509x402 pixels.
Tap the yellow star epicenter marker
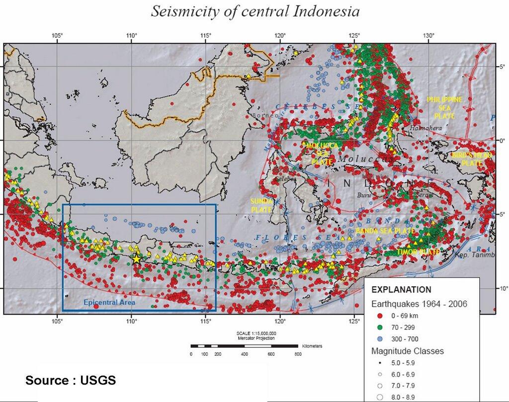(137, 258)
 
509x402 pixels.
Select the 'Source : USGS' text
(71, 381)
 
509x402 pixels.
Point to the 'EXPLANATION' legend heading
(402, 289)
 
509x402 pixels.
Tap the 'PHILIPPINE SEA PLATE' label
(444, 107)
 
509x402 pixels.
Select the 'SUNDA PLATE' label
(261, 205)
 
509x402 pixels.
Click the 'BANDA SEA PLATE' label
(385, 231)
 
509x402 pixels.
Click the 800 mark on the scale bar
(298, 354)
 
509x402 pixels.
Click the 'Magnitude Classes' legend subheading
(408, 351)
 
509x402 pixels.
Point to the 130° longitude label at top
(428, 36)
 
